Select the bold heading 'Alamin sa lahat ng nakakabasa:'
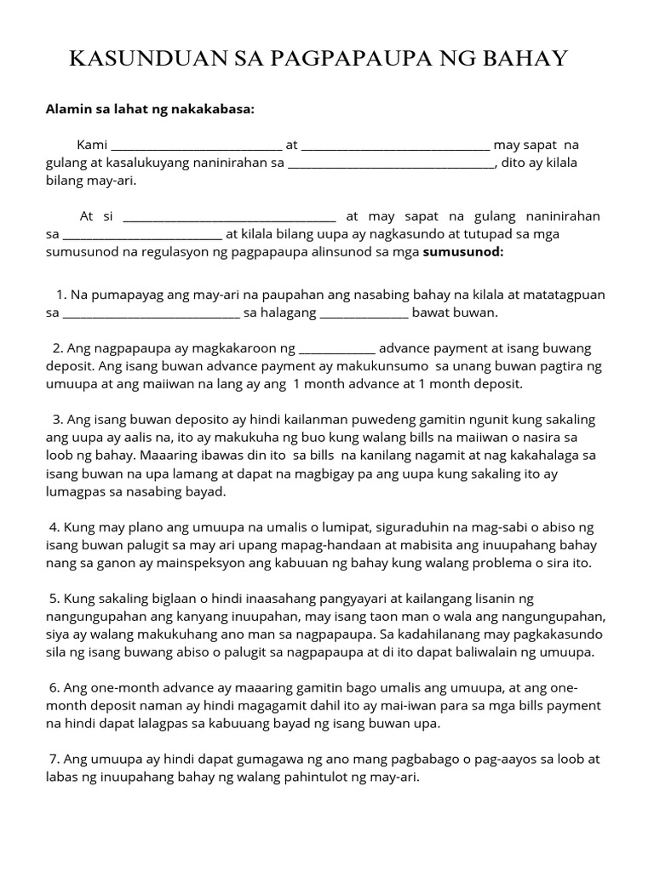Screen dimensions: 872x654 click(149, 109)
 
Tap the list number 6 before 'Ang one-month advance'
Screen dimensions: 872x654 click(54, 688)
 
